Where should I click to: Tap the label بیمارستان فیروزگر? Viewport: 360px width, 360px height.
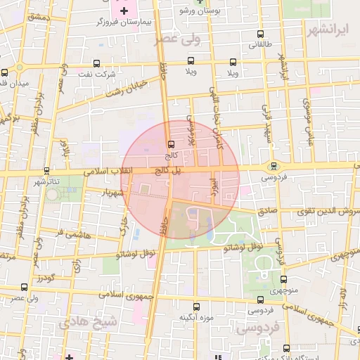(127, 22)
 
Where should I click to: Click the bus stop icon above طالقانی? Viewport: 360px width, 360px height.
(261, 34)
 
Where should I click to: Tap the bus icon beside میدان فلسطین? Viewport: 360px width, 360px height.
(5, 72)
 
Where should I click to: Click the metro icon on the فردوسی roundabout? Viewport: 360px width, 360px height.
(273, 166)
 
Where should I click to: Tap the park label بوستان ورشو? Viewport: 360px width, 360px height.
(197, 12)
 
